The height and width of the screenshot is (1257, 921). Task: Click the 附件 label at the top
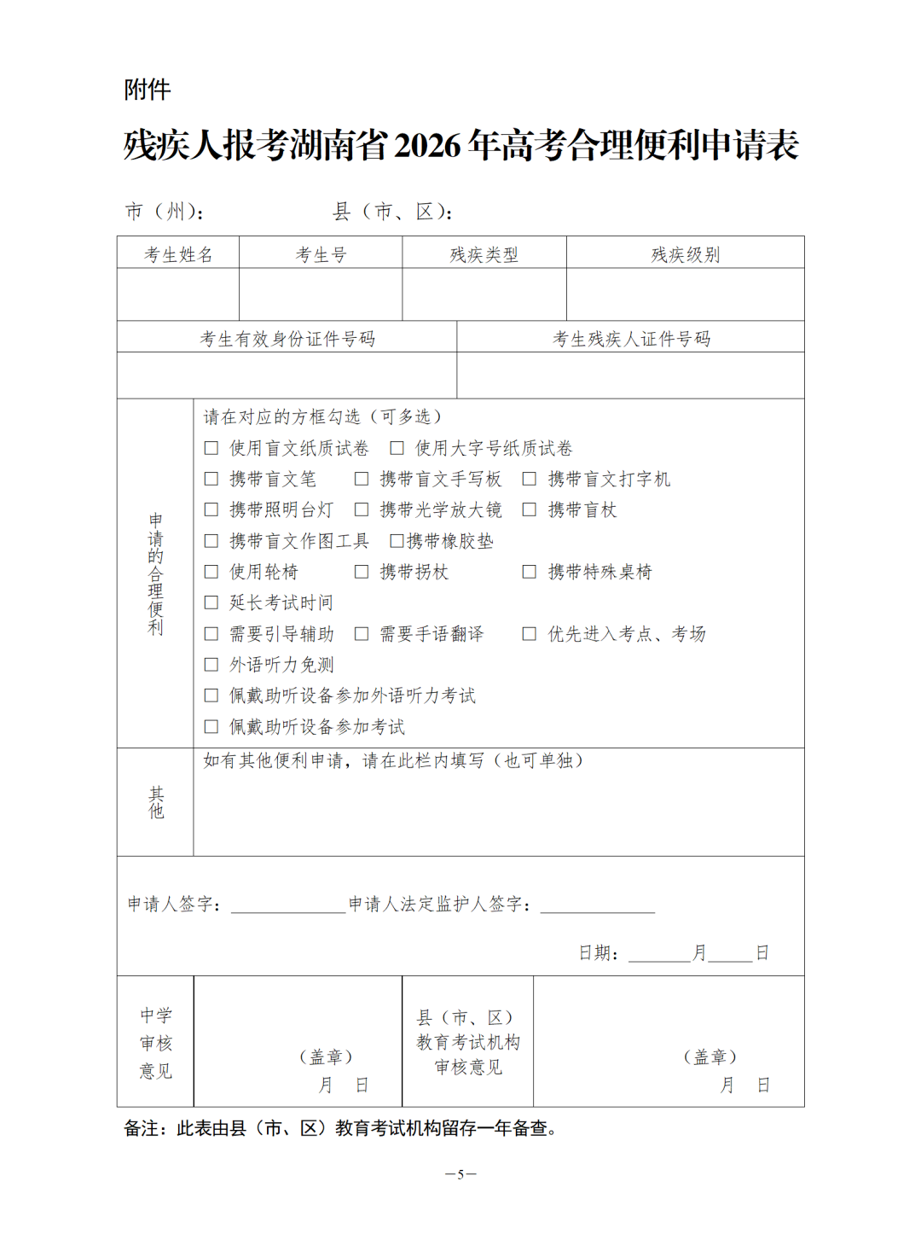click(147, 90)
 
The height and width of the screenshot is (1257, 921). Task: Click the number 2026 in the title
click(427, 145)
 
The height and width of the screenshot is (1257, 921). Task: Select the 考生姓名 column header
click(178, 254)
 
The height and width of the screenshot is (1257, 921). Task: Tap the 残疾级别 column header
click(685, 254)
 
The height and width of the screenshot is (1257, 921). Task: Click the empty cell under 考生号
click(321, 294)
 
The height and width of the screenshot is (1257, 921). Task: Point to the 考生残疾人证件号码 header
click(631, 339)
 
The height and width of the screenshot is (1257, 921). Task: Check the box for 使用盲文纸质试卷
click(211, 448)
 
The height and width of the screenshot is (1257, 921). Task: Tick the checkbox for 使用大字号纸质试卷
click(397, 448)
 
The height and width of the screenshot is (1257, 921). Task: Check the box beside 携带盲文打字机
click(530, 479)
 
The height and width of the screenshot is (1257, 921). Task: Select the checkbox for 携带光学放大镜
click(362, 509)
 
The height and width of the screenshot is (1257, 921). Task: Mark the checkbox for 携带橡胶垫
click(397, 541)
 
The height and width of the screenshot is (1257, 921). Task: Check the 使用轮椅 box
click(211, 572)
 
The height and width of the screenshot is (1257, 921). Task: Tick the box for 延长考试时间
click(211, 602)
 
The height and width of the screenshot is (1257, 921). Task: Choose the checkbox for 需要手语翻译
click(362, 633)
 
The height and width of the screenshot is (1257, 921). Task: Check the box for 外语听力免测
click(211, 665)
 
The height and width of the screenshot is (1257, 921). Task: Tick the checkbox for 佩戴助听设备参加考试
click(211, 726)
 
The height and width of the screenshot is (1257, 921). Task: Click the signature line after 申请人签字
click(288, 906)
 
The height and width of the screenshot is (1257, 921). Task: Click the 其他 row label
click(156, 802)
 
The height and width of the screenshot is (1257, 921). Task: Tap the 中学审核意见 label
click(156, 1042)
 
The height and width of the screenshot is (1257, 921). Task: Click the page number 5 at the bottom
click(460, 1174)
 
